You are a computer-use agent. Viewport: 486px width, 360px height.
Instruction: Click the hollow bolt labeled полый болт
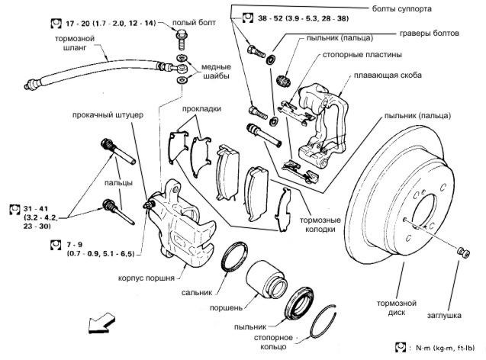click(182, 40)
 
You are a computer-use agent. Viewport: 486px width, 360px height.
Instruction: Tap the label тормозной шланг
click(75, 43)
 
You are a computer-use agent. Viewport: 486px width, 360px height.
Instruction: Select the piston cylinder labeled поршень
click(267, 279)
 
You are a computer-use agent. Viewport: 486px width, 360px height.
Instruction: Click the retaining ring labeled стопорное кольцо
click(322, 322)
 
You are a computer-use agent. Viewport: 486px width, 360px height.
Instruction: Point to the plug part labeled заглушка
click(464, 252)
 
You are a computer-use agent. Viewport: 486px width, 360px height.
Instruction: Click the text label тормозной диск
click(397, 307)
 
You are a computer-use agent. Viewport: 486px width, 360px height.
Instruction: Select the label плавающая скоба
click(388, 76)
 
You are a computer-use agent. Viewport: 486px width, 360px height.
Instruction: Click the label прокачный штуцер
click(108, 115)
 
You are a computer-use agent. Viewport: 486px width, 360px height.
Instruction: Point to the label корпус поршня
click(146, 278)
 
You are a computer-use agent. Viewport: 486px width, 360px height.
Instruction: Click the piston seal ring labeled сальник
click(235, 257)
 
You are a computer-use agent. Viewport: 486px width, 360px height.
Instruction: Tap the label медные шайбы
click(216, 71)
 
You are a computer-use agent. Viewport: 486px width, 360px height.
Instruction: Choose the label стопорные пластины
click(362, 55)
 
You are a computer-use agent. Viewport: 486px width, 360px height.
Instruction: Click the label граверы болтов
click(430, 33)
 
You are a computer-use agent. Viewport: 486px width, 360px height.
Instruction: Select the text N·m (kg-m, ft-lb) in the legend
click(445, 348)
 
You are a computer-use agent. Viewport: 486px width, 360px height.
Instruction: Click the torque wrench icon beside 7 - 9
click(56, 245)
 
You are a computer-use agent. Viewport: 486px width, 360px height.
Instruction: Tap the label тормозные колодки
click(320, 224)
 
